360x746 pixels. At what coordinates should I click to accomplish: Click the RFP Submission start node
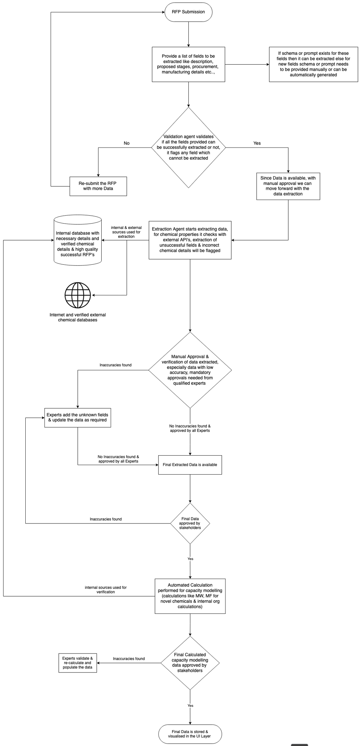[188, 12]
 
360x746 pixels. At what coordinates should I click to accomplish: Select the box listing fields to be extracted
[188, 64]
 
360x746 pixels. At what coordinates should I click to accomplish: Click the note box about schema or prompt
[313, 64]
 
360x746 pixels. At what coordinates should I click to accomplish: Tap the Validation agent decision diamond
[188, 147]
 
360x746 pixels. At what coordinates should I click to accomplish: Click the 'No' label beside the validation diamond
[127, 143]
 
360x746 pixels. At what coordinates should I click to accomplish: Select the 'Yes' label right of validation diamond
[257, 143]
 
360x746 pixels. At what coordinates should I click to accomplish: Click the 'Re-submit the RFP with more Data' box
[98, 186]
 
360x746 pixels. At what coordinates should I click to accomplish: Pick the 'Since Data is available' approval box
[288, 186]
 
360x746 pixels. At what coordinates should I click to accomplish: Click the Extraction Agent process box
[190, 240]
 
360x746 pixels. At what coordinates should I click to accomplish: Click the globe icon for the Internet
[78, 295]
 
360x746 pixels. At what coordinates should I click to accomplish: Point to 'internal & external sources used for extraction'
[126, 232]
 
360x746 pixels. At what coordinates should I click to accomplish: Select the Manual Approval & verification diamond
[190, 370]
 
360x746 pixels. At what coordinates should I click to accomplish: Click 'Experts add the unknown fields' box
[78, 418]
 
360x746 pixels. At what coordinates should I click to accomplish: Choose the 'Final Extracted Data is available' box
[190, 465]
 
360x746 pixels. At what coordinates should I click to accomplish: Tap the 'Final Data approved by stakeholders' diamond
[190, 523]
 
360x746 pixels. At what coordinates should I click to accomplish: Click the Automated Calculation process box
[190, 596]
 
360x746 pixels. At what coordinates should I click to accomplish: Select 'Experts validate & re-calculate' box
[78, 663]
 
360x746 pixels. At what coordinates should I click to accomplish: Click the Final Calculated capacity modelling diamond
[190, 663]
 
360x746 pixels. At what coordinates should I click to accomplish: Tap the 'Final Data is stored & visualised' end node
[190, 734]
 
